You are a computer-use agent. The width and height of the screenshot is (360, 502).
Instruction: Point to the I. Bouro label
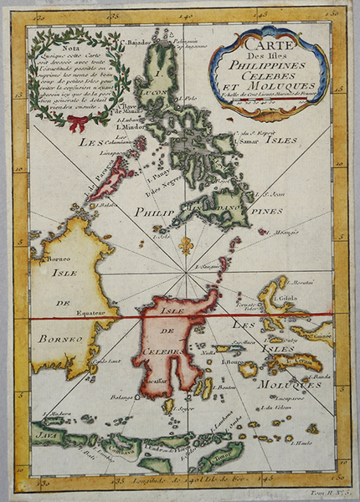(233, 361)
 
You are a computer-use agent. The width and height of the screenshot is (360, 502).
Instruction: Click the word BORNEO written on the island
(52, 340)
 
